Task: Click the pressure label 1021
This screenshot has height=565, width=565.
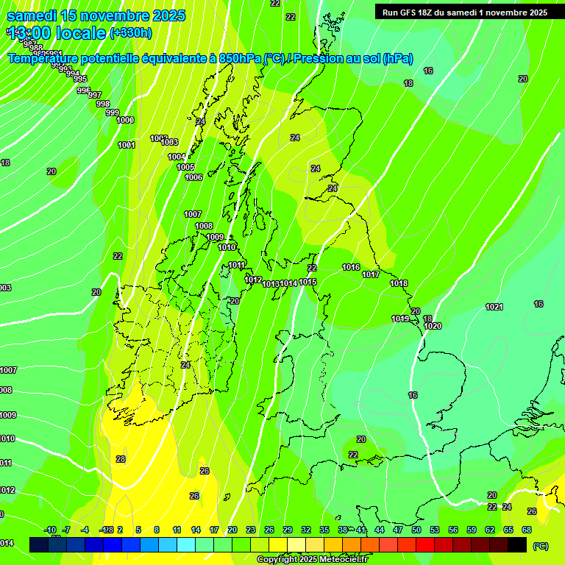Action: tap(494, 307)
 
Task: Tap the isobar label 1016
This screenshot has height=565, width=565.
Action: tap(351, 268)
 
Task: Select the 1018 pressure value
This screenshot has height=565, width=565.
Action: tap(399, 283)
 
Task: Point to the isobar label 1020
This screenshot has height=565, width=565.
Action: tap(433, 326)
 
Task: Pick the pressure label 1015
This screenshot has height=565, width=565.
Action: tap(308, 282)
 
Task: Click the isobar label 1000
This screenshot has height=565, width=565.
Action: tap(125, 120)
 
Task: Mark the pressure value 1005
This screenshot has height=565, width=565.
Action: tap(185, 168)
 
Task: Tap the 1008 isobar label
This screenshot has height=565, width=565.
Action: tap(204, 227)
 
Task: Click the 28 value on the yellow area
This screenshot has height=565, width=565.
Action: tap(121, 459)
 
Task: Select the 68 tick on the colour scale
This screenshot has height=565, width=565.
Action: tap(527, 530)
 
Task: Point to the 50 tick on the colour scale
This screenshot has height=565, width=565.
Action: tap(416, 530)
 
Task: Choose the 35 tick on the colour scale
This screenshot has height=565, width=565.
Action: tap(324, 530)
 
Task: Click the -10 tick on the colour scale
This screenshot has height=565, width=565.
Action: tap(50, 530)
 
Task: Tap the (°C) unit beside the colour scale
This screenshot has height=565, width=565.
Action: tap(540, 547)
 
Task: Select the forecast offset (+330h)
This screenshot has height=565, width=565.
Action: tap(131, 32)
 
